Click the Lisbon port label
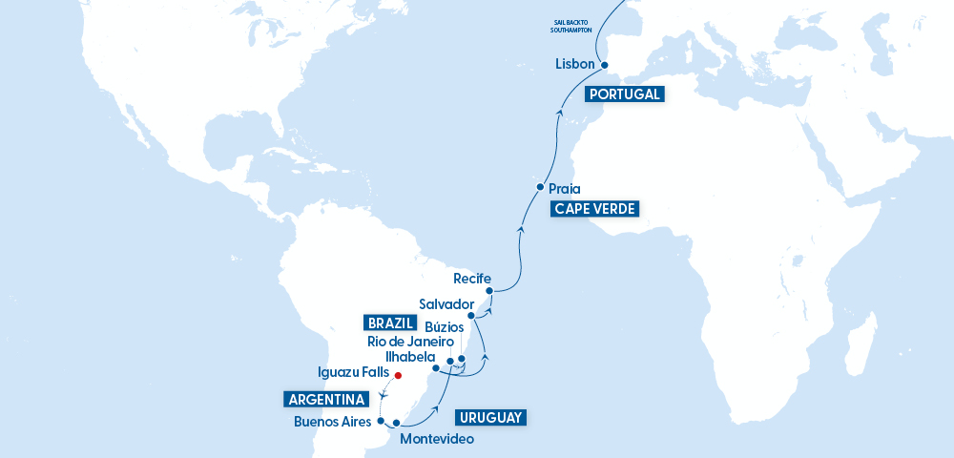pos(574,65)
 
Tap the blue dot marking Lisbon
pos(604,65)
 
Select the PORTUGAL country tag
pos(624,94)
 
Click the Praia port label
pos(565,189)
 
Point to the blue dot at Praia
pos(540,187)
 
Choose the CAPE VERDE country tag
pos(592,209)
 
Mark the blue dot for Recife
pos(488,291)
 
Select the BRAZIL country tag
pos(391,322)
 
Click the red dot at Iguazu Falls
pos(385,375)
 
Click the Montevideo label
pos(436,439)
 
